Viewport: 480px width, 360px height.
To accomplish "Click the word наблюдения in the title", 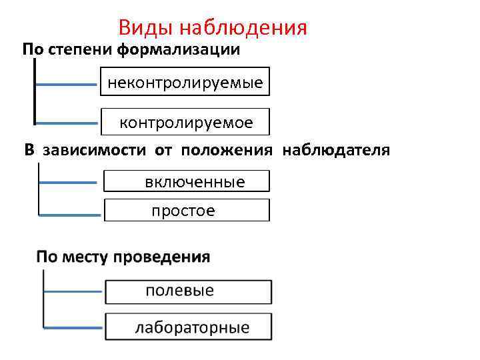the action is (x=244, y=28).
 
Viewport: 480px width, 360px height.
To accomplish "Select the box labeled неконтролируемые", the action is (x=185, y=83).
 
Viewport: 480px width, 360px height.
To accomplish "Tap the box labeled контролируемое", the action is (x=185, y=122).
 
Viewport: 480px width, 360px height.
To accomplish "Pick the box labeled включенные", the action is (x=187, y=181).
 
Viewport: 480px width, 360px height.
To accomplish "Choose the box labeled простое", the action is (x=187, y=211).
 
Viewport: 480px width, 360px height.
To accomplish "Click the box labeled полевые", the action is (x=188, y=291).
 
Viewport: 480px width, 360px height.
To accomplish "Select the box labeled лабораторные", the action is (x=188, y=327).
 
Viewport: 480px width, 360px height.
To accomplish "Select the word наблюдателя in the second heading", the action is (x=336, y=150).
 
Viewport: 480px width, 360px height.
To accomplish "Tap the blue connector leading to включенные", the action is (x=67, y=181).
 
